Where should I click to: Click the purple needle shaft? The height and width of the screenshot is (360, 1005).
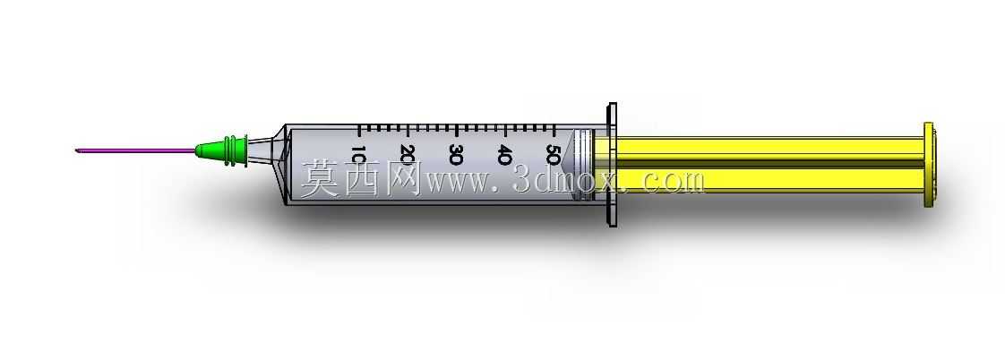[x=136, y=151]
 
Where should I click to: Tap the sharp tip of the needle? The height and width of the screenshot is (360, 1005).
[x=75, y=151]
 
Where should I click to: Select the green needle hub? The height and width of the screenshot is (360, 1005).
[x=222, y=151]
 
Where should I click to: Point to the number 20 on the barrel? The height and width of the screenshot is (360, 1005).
[x=407, y=154]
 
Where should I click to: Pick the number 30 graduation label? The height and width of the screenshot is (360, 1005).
[x=456, y=154]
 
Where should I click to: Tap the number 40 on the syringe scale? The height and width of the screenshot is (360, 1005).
[x=504, y=154]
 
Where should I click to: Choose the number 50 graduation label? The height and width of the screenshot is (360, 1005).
[x=553, y=154]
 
